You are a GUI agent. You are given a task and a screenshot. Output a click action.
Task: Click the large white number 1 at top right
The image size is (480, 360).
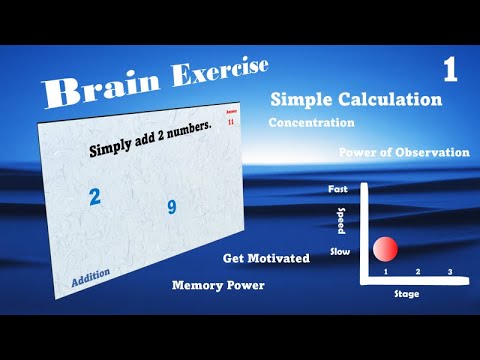(450, 70)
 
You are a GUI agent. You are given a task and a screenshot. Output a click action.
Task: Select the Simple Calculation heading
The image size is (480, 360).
(356, 100)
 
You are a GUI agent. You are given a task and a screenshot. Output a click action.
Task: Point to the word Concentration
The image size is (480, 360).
(312, 123)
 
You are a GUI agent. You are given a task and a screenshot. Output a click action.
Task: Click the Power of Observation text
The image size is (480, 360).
(404, 152)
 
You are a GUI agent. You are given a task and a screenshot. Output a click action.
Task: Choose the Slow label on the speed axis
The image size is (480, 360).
(340, 254)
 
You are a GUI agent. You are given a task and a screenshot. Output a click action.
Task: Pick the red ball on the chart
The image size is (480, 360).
(385, 249)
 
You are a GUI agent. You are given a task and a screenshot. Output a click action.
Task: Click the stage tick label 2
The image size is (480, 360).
(417, 272)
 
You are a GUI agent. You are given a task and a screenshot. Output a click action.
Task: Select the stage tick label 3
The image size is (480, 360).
(449, 272)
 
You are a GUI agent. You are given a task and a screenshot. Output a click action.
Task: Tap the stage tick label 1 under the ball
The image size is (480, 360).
(385, 272)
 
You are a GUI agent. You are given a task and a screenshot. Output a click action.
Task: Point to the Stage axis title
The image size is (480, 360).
(407, 294)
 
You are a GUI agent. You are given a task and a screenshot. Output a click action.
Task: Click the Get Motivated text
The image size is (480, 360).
(266, 258)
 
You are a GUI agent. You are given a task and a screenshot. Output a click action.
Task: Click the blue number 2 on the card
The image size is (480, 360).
(95, 196)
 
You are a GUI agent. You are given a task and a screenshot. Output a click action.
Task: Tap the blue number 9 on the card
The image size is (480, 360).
(172, 208)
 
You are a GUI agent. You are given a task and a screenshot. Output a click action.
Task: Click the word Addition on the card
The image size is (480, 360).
(91, 278)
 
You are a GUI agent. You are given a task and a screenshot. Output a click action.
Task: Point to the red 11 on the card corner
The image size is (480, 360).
(232, 120)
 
